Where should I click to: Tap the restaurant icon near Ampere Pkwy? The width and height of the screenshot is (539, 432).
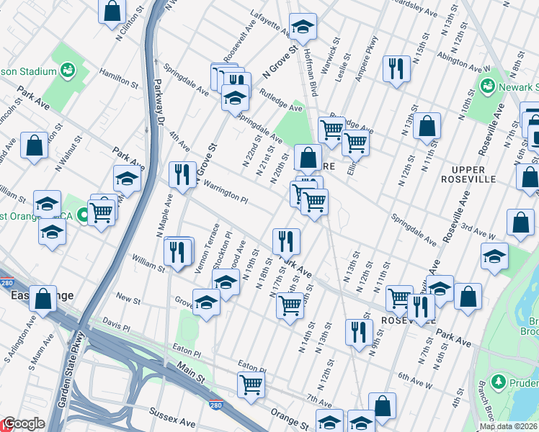tap(396, 69)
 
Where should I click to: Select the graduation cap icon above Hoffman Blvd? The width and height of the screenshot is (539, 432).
tap(303, 26)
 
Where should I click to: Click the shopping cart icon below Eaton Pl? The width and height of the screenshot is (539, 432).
tap(251, 385)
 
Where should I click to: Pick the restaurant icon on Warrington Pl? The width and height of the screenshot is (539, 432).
tap(182, 174)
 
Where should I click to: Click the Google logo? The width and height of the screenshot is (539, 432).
tap(23, 424)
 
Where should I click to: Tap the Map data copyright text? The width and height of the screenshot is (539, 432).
tap(508, 426)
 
